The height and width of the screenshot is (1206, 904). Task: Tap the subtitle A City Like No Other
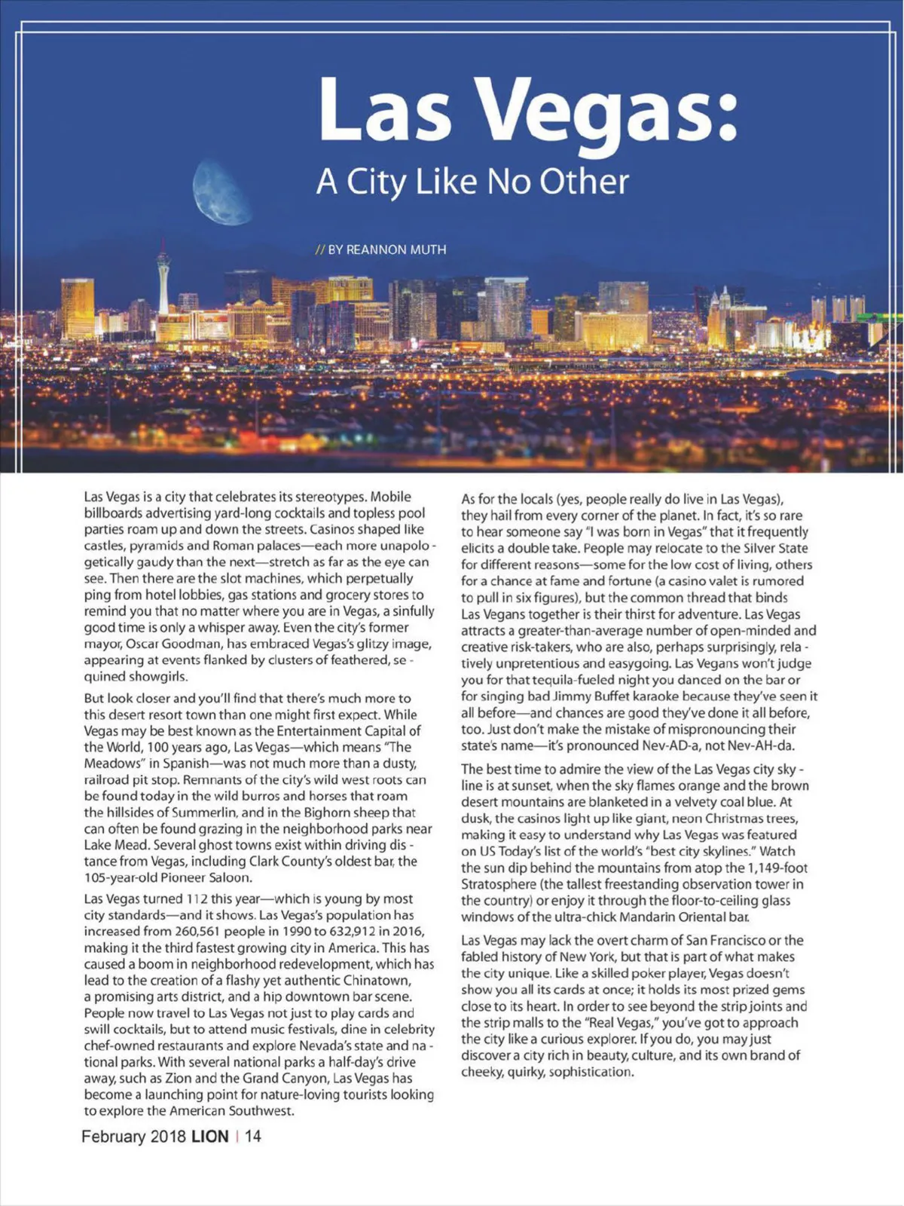pos(472,181)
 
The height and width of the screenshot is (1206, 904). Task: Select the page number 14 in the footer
pos(253,1136)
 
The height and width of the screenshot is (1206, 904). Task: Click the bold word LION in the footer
pos(209,1136)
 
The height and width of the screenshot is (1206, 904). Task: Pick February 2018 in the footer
pos(133,1136)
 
